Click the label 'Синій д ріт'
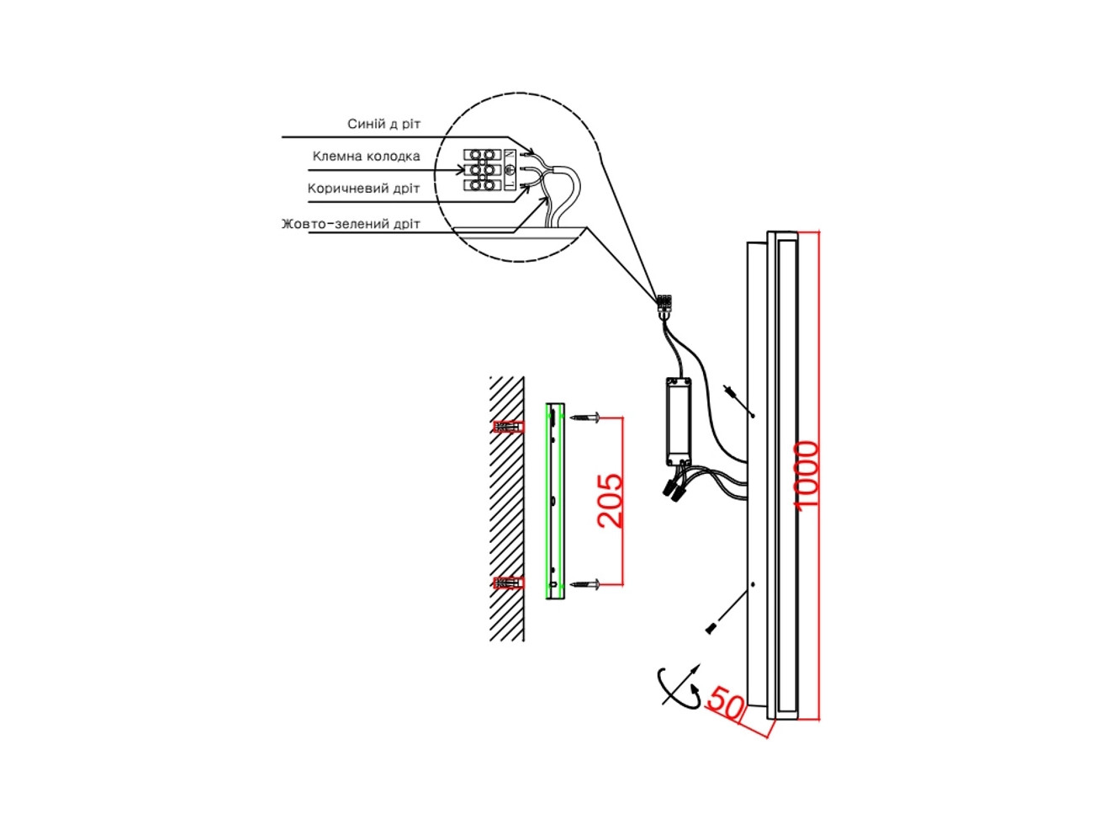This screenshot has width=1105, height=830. pos(383,124)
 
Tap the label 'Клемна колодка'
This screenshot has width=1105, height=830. pos(366,157)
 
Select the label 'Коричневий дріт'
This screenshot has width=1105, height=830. pos(363,189)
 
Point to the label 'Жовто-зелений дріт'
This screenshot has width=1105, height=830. pos(351,224)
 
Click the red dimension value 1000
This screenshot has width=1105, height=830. pos(806,476)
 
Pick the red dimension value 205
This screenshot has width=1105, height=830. pos(610,501)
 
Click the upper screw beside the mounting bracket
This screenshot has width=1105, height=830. pos(584,418)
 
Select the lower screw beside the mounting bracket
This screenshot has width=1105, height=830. pos(584,584)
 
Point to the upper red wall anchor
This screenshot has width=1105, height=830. pos(509,428)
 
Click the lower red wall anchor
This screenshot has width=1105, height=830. pos(509,583)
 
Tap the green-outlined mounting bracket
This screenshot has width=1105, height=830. pos(555,501)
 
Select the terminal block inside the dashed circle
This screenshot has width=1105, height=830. pos(482,170)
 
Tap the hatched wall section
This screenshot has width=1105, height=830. pos(507,509)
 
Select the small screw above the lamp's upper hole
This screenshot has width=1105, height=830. pos(729,391)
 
